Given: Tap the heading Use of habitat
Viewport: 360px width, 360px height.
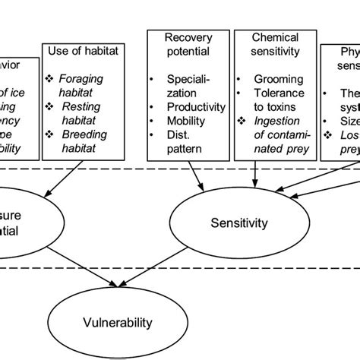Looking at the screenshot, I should click(81, 52).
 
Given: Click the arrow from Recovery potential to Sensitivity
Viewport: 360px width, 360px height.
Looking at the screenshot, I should click(194, 194).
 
